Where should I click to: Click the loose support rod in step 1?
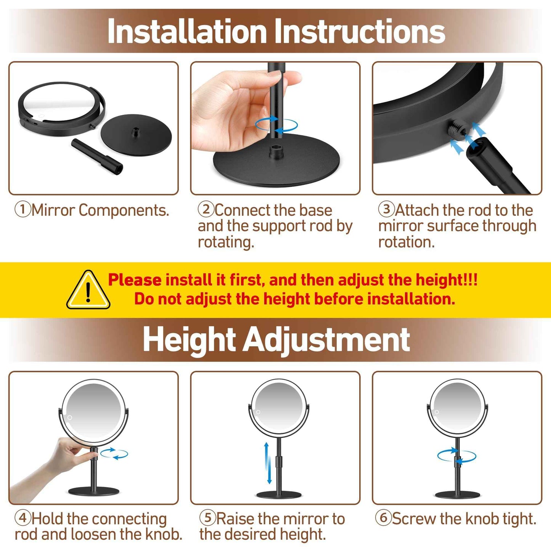click(97, 156)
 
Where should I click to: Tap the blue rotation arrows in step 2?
click(276, 125)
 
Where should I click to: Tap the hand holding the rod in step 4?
click(69, 456)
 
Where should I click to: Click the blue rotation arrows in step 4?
click(114, 454)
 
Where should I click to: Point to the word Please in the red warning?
click(135, 280)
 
